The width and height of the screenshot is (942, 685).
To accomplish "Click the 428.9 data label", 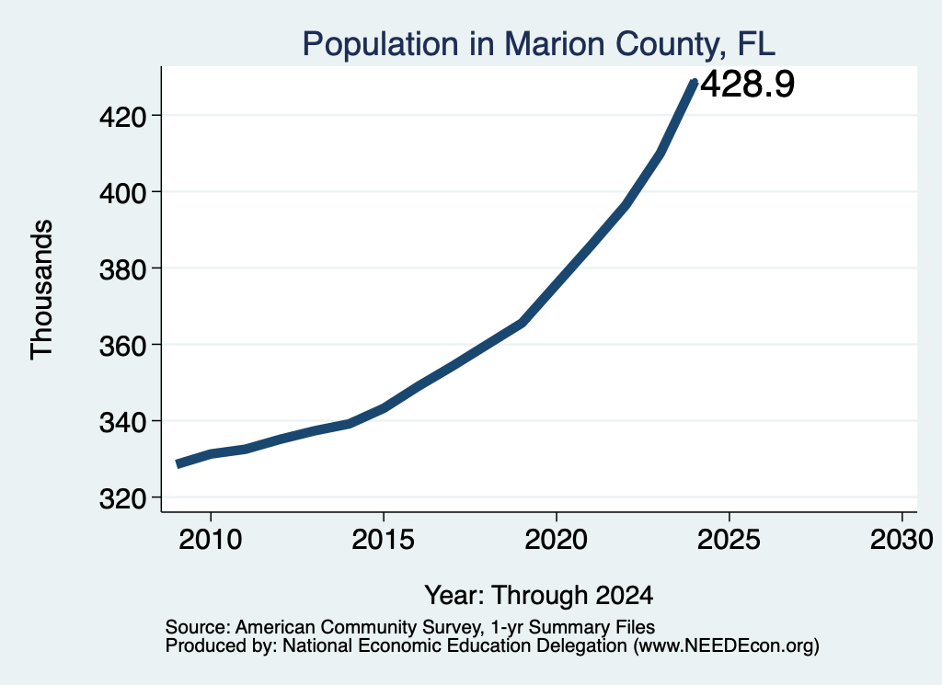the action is pos(747,84).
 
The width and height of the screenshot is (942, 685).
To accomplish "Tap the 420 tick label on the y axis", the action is pos(122,117).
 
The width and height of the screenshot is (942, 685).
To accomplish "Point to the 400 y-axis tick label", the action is pos(122,193).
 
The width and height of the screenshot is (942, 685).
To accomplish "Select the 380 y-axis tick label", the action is pos(122,269).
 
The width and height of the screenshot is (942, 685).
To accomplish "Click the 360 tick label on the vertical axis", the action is pos(122,345).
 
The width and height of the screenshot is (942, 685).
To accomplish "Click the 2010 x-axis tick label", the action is pos(211,539).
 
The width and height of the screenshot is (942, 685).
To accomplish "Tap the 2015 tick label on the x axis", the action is pos(384,539).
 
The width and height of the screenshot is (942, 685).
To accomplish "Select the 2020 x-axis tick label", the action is pos(557,539).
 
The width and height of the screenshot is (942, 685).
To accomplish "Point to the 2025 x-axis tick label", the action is pos(729,539).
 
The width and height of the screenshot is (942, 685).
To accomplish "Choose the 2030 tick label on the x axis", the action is pos(902,539).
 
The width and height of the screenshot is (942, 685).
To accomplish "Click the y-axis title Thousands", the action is pos(42,290).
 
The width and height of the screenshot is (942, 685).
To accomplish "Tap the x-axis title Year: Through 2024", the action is pos(539,595).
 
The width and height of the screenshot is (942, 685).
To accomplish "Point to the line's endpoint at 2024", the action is pos(695,82).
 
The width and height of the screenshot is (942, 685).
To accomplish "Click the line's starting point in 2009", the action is pos(178,463).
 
